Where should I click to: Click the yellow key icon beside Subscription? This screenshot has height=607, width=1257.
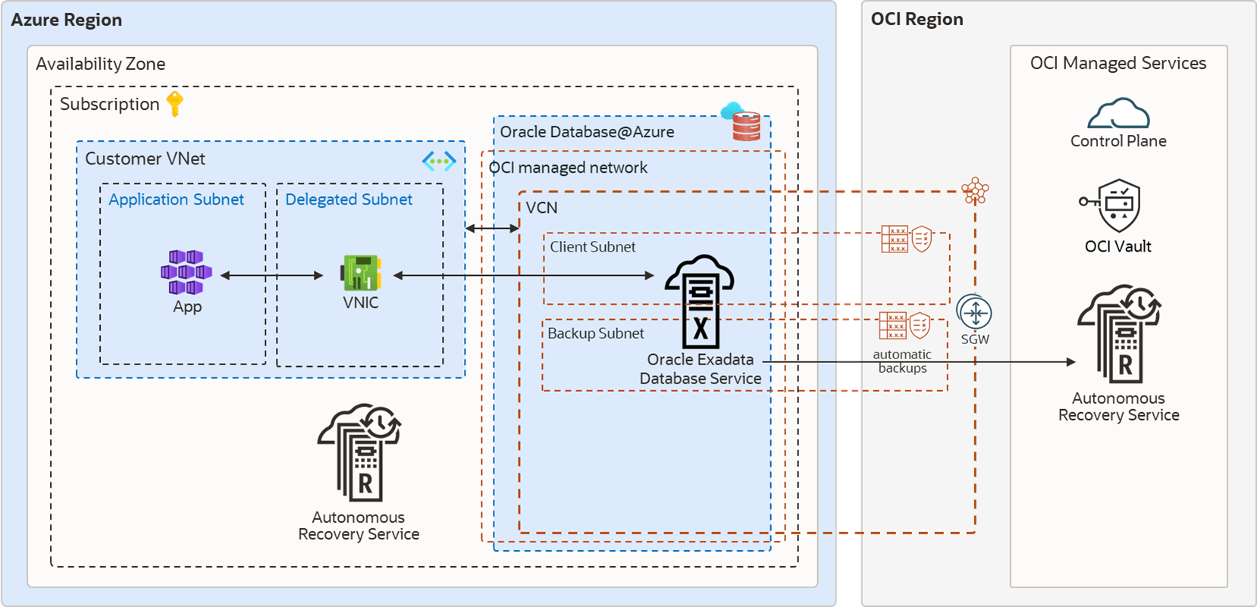[175, 104]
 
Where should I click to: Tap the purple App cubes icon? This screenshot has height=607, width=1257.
[186, 272]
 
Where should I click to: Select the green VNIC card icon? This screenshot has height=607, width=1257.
[361, 273]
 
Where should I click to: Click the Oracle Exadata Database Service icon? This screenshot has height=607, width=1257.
[699, 301]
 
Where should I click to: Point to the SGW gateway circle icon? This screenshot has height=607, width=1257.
[974, 312]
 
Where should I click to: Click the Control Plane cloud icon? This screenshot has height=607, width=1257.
[1118, 114]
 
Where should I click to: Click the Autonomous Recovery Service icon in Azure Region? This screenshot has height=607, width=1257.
[359, 452]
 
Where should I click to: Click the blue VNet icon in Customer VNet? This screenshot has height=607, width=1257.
[439, 161]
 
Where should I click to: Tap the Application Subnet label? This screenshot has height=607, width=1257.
[176, 199]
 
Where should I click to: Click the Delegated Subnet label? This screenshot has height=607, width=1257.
[349, 199]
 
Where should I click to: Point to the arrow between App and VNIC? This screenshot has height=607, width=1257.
[271, 276]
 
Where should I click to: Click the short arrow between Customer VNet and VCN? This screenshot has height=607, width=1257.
[492, 228]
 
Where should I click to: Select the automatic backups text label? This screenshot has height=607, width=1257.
[901, 361]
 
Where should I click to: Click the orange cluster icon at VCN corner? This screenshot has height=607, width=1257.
[975, 191]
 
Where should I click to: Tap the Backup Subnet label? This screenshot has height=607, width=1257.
[595, 333]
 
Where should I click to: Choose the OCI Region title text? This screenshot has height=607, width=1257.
[917, 20]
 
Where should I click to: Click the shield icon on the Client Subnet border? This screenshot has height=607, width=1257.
[922, 239]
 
